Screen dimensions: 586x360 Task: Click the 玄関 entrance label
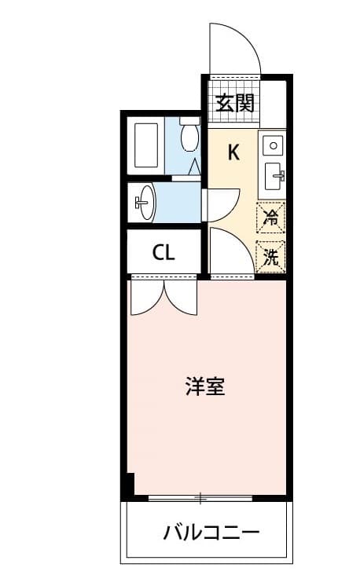point(234,103)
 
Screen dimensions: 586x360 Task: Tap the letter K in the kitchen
point(233,152)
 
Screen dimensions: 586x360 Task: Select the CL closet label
point(164,253)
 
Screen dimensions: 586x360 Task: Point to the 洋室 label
point(205,386)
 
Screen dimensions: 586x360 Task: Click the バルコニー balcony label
point(211,533)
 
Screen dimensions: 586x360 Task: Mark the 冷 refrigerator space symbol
point(271,217)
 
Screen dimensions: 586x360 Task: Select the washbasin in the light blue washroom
point(145,203)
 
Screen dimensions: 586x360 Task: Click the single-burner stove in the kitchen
point(272,145)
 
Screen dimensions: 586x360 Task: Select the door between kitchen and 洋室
point(229,253)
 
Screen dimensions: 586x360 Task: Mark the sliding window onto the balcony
point(200,498)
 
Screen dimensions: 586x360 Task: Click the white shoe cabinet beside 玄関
point(273,103)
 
